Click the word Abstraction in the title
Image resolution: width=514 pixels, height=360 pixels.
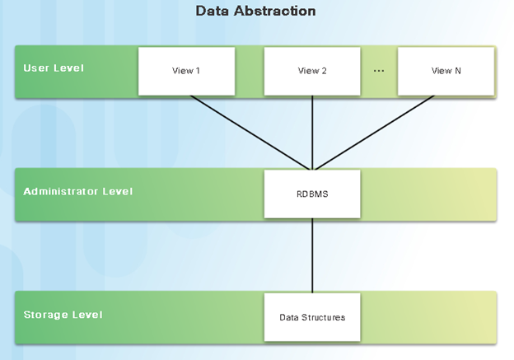pos(274,11)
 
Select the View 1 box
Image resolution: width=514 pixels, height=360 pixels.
pos(186,71)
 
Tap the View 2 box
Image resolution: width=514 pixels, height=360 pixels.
pos(312,71)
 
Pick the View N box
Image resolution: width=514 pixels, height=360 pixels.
pos(446,71)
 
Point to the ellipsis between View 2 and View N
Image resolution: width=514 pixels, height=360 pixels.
pos(379,71)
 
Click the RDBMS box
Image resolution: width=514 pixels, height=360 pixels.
pos(312,194)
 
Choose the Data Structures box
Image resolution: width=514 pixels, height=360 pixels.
pos(312,317)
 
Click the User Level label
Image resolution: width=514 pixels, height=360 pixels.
pos(54,68)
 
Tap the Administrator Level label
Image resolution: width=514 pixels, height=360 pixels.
pos(78,191)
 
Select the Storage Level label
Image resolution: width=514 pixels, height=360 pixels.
pos(63,315)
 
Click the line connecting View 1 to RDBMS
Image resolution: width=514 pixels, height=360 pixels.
pos(250,133)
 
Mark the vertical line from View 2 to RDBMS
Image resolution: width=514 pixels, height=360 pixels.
pos(312,133)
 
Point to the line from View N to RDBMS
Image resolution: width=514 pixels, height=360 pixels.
pos(375,133)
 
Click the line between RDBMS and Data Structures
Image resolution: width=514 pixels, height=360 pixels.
pos(312,255)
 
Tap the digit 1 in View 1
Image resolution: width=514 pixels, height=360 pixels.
pos(198,71)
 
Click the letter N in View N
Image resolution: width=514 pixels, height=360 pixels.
pos(458,71)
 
